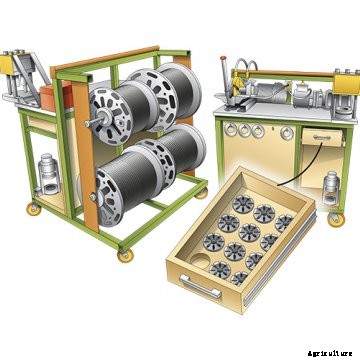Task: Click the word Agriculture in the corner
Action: tap(330, 353)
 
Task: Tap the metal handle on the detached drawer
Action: tap(201, 287)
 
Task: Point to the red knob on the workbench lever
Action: tap(223, 59)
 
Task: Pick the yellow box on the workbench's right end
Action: tap(346, 84)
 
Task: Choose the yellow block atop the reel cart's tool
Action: tap(8, 64)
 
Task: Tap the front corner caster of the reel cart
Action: tap(125, 256)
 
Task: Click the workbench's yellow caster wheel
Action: tap(334, 220)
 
